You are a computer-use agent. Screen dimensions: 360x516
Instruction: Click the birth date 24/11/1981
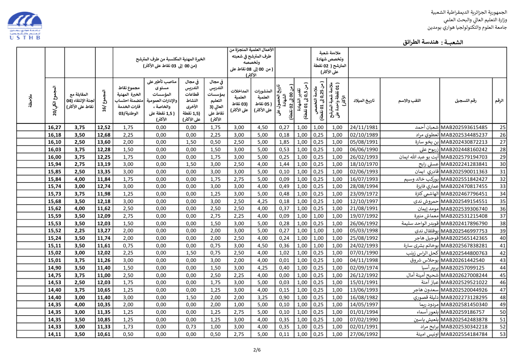[364, 128]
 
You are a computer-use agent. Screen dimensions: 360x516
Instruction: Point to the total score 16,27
[55, 128]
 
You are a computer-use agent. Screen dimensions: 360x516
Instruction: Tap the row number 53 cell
[502, 334]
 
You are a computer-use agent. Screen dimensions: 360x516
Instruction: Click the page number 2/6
[257, 350]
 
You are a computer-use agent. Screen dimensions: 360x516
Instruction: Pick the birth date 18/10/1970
[364, 164]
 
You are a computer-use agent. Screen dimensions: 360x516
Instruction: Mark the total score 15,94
[55, 164]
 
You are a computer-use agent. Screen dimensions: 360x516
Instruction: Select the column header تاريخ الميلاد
[364, 101]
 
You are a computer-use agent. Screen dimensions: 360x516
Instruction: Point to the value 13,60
[104, 142]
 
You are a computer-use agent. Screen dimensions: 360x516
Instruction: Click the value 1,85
[284, 142]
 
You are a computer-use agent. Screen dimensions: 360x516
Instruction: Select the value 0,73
[190, 327]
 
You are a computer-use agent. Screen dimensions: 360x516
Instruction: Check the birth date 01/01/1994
[364, 312]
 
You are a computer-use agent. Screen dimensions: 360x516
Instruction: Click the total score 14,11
[55, 334]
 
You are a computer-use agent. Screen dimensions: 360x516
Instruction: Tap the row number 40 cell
[502, 238]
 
